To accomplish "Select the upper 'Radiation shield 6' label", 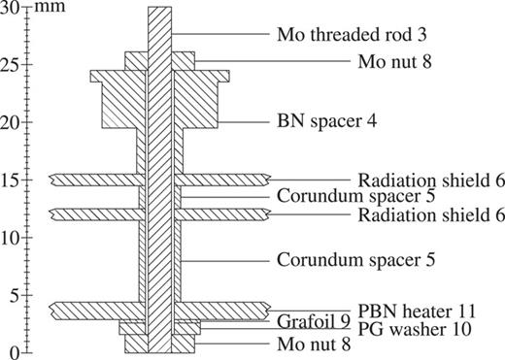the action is click(430, 180).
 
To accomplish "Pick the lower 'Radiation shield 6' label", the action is click(430, 213).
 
